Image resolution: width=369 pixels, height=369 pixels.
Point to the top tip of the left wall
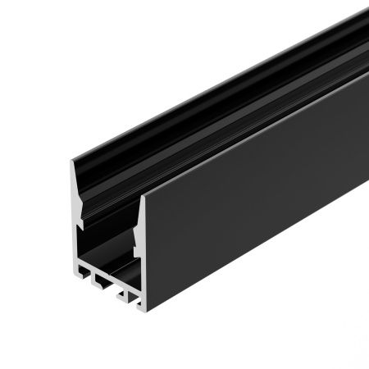click(68, 162)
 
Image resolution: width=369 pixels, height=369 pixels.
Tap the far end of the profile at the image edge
click(361, 49)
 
